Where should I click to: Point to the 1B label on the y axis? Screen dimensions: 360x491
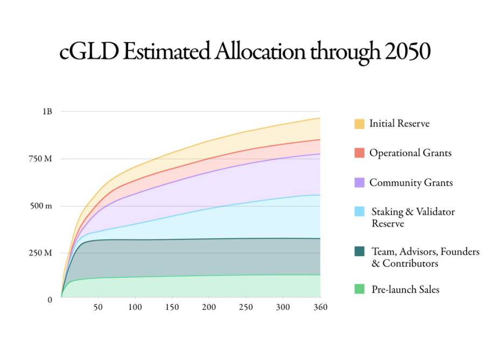pos(47,111)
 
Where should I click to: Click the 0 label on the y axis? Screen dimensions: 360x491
pos(50,300)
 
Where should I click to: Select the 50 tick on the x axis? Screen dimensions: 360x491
pos(98,307)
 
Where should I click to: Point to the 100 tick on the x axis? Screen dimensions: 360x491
pos(135,307)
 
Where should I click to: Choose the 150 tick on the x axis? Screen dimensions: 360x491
pos(172,307)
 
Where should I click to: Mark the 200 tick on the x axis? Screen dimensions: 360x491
pos(209,307)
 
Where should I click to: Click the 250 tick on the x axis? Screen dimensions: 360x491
pos(246,307)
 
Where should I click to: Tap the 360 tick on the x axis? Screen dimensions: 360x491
pos(320,307)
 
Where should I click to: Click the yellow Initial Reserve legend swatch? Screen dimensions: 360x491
pos(359,124)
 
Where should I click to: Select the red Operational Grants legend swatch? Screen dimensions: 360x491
pos(359,153)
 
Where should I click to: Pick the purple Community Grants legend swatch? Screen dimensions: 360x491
pos(359,182)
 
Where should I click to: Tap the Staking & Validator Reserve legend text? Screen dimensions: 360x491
pos(413,217)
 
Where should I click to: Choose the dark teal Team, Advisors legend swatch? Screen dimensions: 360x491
pos(359,251)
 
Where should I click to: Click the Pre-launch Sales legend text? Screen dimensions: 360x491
pos(405,290)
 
